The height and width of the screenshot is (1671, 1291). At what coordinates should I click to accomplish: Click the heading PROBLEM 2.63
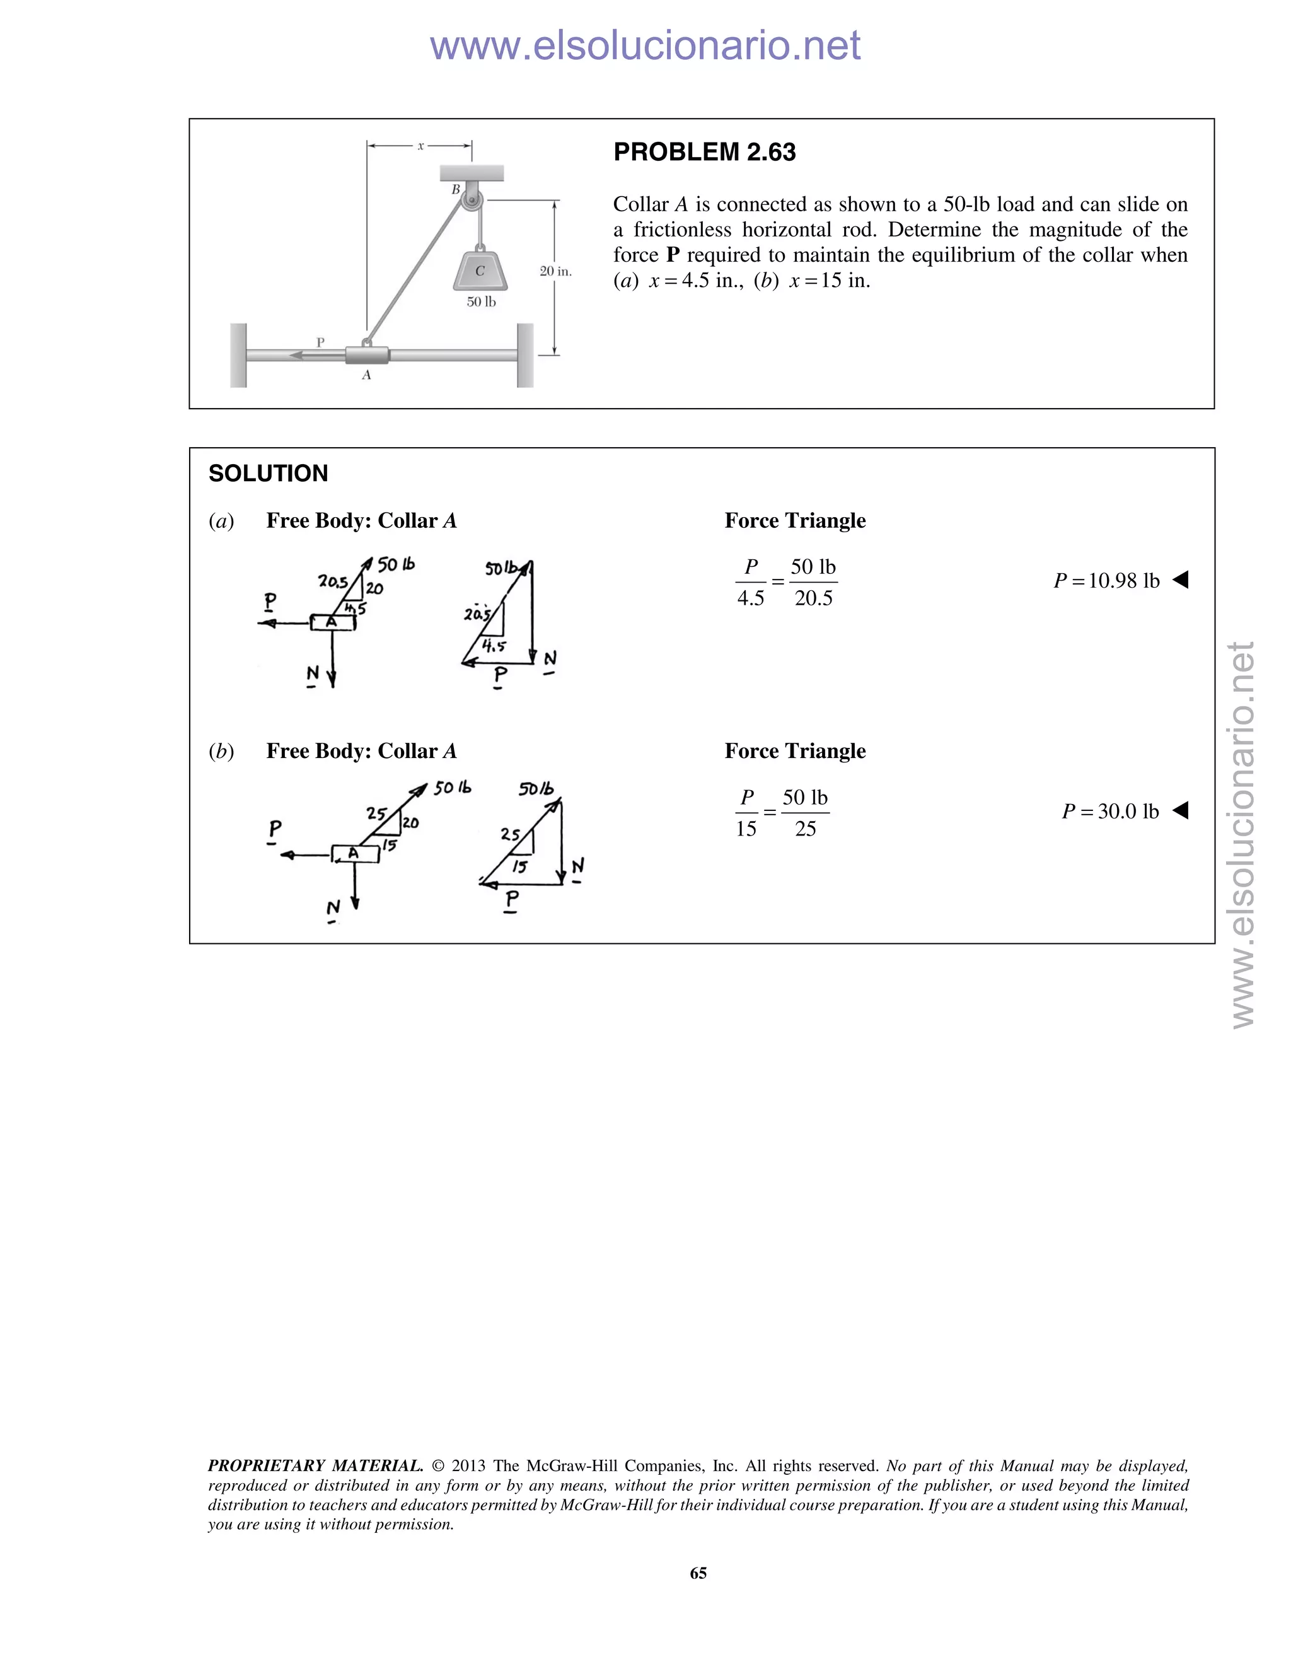coord(703,152)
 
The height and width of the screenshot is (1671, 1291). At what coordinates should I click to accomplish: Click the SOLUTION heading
coord(268,474)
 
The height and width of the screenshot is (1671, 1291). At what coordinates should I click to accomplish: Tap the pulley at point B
coord(473,202)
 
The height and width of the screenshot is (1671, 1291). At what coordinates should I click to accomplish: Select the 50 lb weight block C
coord(480,270)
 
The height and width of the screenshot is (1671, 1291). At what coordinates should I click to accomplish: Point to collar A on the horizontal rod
coord(367,355)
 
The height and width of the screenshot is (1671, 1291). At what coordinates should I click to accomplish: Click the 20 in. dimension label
coord(555,272)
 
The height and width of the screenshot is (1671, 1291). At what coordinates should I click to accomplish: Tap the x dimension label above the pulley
coord(420,146)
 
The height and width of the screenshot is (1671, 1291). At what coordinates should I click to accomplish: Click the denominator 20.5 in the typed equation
coord(813,598)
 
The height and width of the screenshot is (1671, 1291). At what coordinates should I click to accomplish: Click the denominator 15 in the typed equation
coord(746,829)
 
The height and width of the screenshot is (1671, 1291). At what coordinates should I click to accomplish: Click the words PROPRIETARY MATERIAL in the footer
coord(315,1466)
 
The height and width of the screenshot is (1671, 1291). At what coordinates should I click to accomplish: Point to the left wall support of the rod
coord(239,355)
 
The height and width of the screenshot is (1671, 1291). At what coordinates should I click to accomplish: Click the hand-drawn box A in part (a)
coord(333,622)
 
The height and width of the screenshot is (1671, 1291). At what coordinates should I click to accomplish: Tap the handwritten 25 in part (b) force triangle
coord(509,834)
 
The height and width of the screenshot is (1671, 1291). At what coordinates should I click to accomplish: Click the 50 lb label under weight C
coord(481,302)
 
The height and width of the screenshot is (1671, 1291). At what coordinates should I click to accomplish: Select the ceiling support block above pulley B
coord(471,173)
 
